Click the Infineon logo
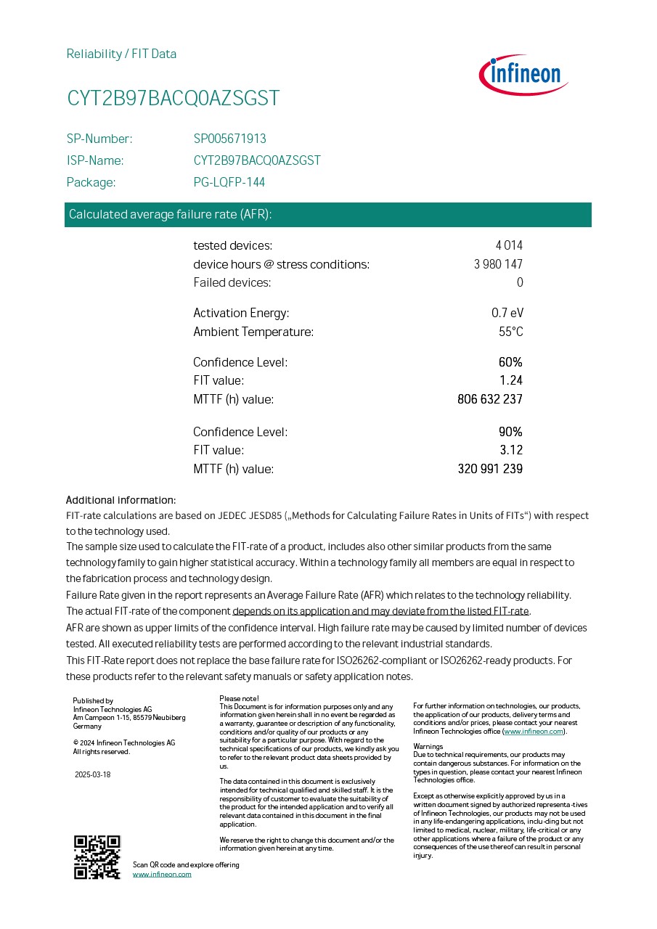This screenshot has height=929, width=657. (523, 75)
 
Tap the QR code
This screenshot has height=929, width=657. (97, 857)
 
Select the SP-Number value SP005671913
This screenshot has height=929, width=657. (229, 139)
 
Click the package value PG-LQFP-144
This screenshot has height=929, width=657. (229, 182)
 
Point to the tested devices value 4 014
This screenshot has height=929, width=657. (509, 245)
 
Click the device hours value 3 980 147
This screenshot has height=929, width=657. (498, 264)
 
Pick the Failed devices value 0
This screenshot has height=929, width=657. (519, 282)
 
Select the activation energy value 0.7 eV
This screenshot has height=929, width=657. (507, 313)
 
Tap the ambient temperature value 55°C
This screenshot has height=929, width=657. (510, 332)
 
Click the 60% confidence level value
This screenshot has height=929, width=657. (510, 362)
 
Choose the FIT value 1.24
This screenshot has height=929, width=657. (511, 380)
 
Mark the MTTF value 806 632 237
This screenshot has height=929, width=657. (490, 399)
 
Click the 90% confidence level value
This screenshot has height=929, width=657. (510, 432)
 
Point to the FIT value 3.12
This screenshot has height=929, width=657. (511, 450)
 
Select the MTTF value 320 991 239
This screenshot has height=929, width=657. (490, 469)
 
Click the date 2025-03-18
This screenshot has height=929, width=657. (93, 774)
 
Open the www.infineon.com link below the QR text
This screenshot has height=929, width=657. (162, 875)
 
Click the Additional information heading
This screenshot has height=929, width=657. (121, 500)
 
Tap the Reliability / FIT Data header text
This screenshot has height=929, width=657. (121, 54)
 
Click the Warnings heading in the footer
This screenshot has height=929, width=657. (428, 747)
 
